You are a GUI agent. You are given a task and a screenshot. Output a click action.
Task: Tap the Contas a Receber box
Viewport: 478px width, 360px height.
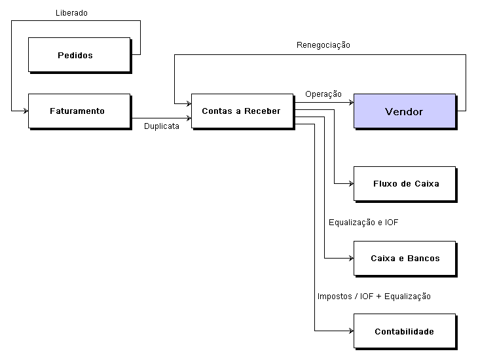click(x=242, y=111)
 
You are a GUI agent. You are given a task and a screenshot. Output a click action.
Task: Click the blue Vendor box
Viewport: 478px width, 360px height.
click(x=404, y=111)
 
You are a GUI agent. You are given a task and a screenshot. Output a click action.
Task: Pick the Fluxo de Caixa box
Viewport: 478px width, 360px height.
click(x=404, y=183)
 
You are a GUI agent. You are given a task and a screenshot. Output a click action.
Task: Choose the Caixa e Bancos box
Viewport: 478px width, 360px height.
click(x=404, y=258)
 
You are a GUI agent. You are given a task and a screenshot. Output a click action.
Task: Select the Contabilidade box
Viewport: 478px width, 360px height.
click(x=404, y=331)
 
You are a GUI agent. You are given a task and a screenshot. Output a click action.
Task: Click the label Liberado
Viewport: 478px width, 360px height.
click(x=71, y=12)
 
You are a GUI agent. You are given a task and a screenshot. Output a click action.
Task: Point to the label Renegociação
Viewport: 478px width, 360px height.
click(x=323, y=45)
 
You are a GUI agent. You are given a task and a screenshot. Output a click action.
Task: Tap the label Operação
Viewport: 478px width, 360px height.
click(x=323, y=94)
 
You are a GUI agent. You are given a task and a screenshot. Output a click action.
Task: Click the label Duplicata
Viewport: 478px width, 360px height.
click(x=162, y=126)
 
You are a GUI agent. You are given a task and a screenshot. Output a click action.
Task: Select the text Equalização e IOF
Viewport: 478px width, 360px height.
click(x=363, y=223)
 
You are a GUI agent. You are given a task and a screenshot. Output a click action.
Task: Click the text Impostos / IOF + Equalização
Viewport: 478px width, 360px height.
click(x=374, y=297)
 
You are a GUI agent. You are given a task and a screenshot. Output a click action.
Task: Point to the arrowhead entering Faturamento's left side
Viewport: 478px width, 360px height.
click(x=25, y=111)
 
